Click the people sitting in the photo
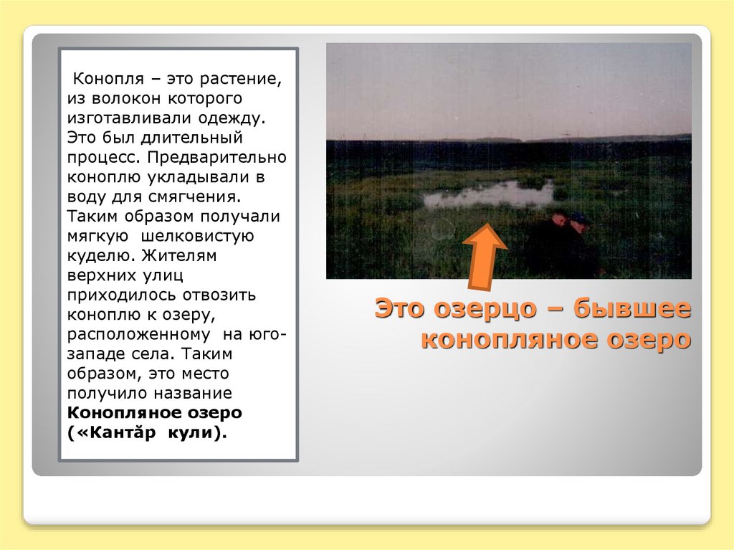566,240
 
